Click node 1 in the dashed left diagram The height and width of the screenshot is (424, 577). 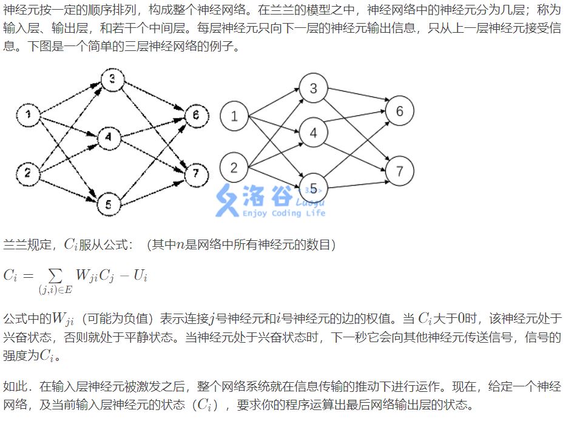(28, 115)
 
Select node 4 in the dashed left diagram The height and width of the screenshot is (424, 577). (108, 138)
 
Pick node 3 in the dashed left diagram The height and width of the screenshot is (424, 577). (113, 80)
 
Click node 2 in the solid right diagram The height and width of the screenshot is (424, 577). (235, 168)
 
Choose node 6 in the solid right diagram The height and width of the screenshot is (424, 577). (399, 111)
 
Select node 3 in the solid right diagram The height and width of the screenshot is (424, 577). (314, 89)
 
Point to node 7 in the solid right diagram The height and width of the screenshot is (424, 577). (399, 171)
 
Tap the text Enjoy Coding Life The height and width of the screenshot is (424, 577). (284, 213)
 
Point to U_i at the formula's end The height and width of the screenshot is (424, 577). (140, 276)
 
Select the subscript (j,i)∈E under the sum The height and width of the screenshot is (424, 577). (56, 290)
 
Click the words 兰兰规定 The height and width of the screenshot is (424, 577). (25, 245)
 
